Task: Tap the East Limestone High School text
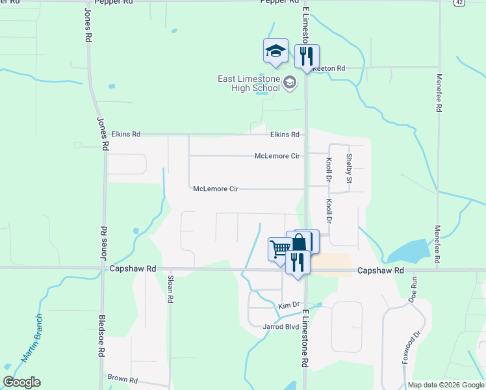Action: tap(249, 83)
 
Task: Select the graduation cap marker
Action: tap(275, 51)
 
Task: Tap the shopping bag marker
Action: tap(299, 242)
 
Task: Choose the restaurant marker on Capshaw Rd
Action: tap(298, 263)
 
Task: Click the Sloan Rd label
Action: tap(171, 289)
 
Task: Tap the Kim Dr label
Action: tap(288, 305)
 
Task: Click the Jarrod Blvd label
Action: tap(281, 326)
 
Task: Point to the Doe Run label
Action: tap(414, 287)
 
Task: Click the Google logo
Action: tap(21, 382)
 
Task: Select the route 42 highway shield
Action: tap(459, 3)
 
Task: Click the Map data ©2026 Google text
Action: tap(446, 385)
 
